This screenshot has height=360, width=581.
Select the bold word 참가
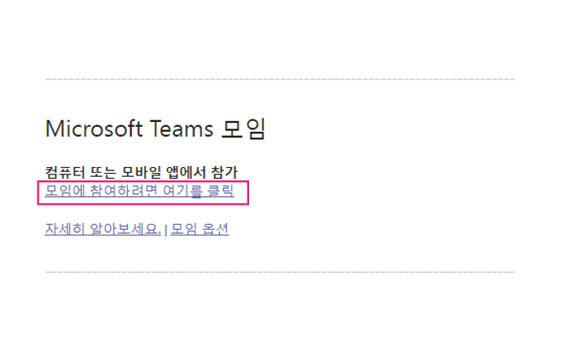pyautogui.click(x=224, y=172)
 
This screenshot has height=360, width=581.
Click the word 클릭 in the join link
pyautogui.click(x=220, y=192)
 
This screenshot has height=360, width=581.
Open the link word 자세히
pyautogui.click(x=64, y=229)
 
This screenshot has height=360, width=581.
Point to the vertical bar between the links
pyautogui.click(x=166, y=230)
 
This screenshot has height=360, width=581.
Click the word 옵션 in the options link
pyautogui.click(x=214, y=229)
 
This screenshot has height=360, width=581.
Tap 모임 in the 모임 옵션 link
pyautogui.click(x=183, y=229)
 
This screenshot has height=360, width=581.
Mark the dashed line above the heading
pyautogui.click(x=280, y=79)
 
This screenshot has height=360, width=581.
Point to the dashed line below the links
pyautogui.click(x=280, y=271)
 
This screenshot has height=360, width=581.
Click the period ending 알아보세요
pyautogui.click(x=160, y=233)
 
